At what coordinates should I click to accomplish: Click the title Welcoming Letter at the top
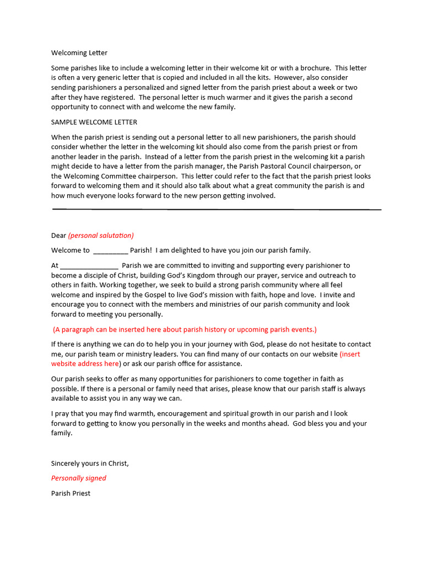(x=79, y=53)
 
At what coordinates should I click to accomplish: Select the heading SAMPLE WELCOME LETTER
(x=94, y=122)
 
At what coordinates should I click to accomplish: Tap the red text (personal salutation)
(x=101, y=236)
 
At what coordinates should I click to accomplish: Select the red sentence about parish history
(x=185, y=330)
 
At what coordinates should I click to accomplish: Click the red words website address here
(x=85, y=364)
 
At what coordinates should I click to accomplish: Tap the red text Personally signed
(x=79, y=478)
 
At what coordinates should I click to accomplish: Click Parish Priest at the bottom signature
(x=70, y=493)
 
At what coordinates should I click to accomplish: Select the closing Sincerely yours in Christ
(x=90, y=463)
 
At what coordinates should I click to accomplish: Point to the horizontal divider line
(x=216, y=209)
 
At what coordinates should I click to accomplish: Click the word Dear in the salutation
(x=58, y=236)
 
